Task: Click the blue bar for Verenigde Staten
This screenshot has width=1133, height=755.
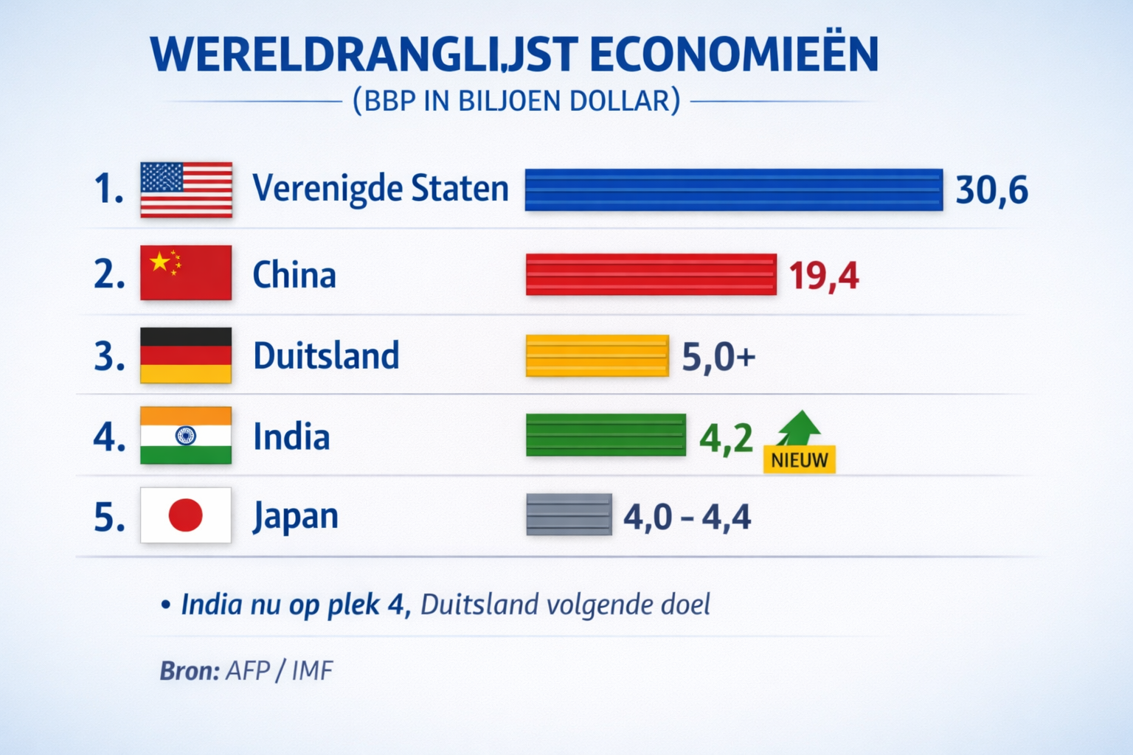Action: (x=733, y=189)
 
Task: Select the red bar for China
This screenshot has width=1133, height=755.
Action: (x=651, y=274)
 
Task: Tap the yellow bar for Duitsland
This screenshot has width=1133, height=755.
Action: (x=597, y=356)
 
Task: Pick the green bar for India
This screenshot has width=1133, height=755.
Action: (x=606, y=435)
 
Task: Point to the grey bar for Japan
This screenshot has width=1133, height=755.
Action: (x=569, y=515)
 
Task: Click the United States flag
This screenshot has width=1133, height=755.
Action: (x=186, y=189)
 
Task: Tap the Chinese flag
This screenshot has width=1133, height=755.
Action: (x=186, y=273)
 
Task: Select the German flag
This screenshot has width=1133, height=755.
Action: (x=186, y=355)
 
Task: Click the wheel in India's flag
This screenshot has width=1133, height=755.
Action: (x=186, y=436)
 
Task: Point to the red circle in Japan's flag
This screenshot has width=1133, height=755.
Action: (x=185, y=515)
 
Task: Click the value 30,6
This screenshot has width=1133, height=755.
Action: (x=991, y=190)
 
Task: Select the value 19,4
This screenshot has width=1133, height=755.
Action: (x=823, y=276)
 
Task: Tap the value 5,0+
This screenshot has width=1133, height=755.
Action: (x=718, y=357)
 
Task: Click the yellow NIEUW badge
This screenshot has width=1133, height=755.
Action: (x=799, y=460)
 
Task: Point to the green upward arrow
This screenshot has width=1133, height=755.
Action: (x=799, y=427)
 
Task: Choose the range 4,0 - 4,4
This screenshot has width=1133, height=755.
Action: (x=687, y=517)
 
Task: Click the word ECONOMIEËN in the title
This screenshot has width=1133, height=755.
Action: (x=734, y=55)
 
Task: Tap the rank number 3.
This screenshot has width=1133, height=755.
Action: (x=108, y=357)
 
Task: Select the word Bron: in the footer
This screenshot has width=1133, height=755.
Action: (x=190, y=671)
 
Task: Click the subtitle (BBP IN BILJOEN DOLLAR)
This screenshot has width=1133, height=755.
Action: (x=516, y=101)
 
